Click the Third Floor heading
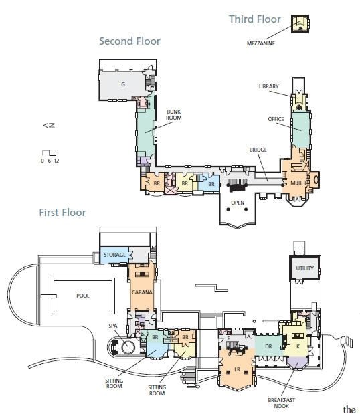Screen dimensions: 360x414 (x=255, y=19)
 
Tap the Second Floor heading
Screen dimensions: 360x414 (x=130, y=41)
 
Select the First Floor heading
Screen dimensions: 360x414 (x=63, y=213)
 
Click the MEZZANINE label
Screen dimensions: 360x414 (x=261, y=43)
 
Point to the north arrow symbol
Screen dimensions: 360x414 (x=49, y=126)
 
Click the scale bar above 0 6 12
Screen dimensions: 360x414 (x=49, y=153)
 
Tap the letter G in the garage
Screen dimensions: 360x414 (x=123, y=84)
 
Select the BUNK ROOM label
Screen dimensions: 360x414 (x=174, y=115)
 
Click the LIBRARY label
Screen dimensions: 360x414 (x=268, y=86)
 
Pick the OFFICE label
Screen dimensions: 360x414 (x=276, y=119)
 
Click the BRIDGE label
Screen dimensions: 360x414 (x=258, y=150)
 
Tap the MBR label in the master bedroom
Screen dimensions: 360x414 (x=296, y=183)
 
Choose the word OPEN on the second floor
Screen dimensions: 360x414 (x=238, y=203)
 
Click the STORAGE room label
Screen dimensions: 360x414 (x=114, y=255)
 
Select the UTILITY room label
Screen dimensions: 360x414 (x=305, y=268)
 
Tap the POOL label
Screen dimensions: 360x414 (x=83, y=296)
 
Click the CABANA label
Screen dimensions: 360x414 (x=142, y=292)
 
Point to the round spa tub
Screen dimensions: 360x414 (x=128, y=348)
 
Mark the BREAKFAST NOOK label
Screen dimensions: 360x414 (x=281, y=403)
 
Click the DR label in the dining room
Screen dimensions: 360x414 (x=268, y=346)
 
